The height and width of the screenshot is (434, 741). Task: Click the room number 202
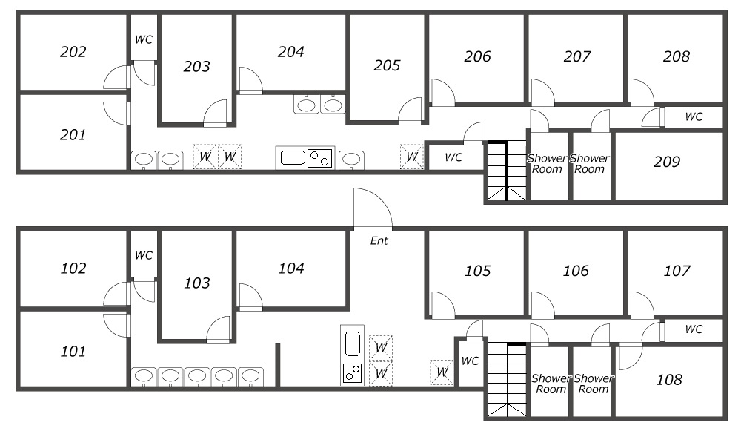[x=73, y=52]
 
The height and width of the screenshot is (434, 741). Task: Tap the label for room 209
[x=667, y=162]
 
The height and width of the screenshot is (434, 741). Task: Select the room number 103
[x=196, y=283]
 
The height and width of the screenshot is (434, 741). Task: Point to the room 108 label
[x=669, y=380]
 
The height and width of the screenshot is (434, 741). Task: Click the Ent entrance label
[x=379, y=241]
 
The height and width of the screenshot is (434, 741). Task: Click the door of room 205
[x=410, y=111]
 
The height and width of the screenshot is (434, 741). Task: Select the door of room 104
[x=251, y=297]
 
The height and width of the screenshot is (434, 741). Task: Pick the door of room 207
[x=543, y=92]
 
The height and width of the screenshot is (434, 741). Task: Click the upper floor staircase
[x=507, y=171]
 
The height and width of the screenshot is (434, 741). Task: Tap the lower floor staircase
[x=507, y=380]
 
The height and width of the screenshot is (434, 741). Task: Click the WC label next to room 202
[x=144, y=40]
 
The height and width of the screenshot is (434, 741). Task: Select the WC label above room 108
[x=694, y=329]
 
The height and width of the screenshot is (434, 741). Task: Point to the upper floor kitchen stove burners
[x=319, y=158]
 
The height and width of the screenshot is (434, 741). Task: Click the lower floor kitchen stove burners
[x=352, y=373]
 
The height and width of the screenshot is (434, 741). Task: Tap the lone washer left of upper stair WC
[x=411, y=157]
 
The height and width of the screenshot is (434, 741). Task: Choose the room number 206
[x=477, y=57]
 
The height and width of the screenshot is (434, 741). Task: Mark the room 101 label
[x=73, y=352]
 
